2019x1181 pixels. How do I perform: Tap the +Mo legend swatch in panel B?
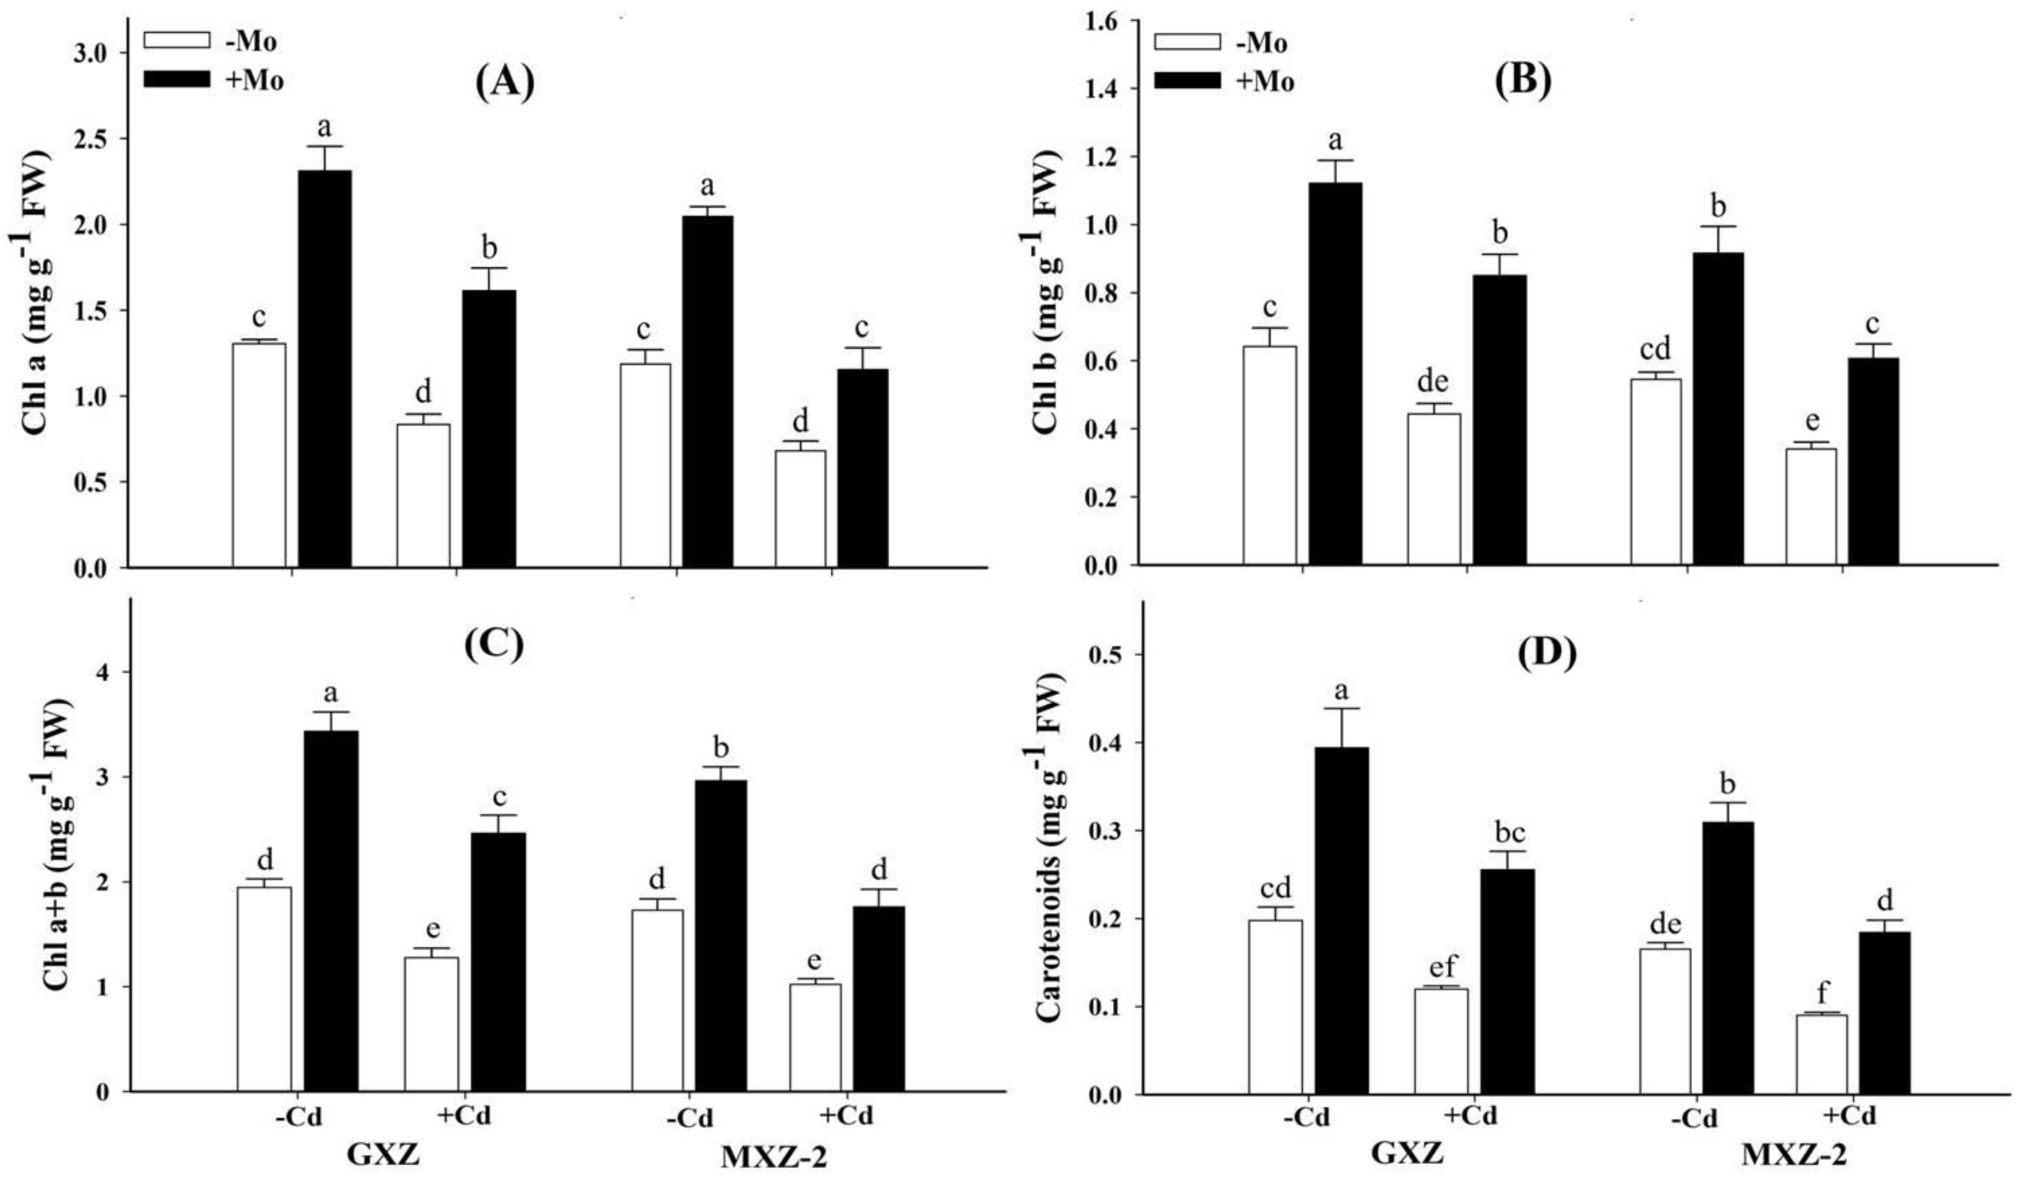coord(1187,80)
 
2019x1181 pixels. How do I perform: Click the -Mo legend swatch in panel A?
coord(176,39)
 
